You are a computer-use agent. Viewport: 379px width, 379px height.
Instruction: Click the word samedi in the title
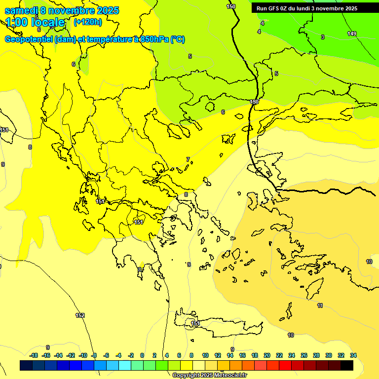[21, 10]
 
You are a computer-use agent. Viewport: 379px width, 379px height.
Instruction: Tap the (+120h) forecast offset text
[88, 22]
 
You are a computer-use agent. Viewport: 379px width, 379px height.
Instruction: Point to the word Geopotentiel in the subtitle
[29, 39]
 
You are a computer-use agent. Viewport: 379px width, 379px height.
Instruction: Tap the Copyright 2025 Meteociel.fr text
[209, 376]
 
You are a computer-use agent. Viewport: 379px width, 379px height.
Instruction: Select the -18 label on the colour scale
[34, 355]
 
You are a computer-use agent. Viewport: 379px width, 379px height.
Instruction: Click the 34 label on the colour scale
[353, 355]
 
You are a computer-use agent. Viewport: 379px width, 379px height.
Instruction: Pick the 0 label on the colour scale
[142, 355]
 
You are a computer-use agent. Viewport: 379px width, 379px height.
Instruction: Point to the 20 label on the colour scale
[267, 355]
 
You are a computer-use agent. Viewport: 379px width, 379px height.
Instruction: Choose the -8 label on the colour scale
[94, 355]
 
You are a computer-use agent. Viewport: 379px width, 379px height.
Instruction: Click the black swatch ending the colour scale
[347, 366]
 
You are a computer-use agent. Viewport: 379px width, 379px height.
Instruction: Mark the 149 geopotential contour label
[351, 34]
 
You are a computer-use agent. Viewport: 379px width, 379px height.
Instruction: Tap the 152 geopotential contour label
[80, 315]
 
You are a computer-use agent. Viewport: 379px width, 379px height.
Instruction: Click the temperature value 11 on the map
[320, 306]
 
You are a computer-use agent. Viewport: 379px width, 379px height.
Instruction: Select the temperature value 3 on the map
[323, 37]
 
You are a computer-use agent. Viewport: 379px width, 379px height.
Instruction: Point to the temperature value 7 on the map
[188, 159]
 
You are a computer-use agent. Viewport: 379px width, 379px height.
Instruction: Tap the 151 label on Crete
[195, 324]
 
